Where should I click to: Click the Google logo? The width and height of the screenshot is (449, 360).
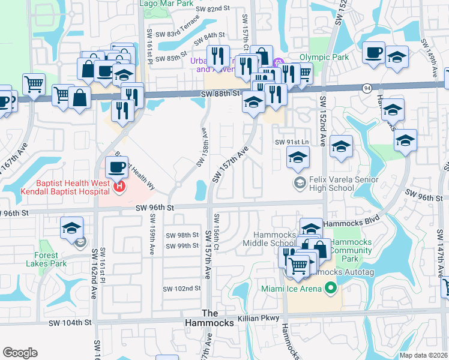point(20,353)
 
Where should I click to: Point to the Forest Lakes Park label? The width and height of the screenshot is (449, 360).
point(46,259)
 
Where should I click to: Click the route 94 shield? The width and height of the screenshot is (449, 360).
point(366,88)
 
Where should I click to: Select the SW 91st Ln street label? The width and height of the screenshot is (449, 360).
point(291,142)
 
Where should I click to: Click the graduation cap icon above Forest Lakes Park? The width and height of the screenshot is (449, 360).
point(71,227)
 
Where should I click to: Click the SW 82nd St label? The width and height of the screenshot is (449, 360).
point(214,8)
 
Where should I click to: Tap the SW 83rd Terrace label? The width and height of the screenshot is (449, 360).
point(173,37)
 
